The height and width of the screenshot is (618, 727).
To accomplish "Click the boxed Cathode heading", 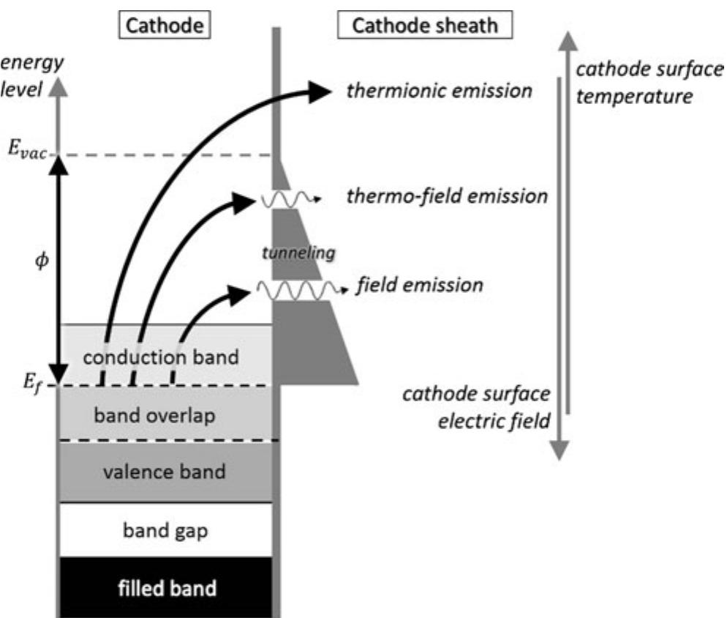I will pyautogui.click(x=164, y=26).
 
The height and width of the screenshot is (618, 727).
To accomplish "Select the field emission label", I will pyautogui.click(x=419, y=284).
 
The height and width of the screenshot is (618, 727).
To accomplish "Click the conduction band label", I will pyautogui.click(x=161, y=357).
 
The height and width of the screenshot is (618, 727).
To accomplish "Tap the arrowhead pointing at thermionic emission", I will pyautogui.click(x=319, y=91).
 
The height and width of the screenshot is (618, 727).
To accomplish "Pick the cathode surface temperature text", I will pyautogui.click(x=633, y=82).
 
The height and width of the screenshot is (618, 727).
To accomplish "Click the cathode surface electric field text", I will pyautogui.click(x=475, y=407).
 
